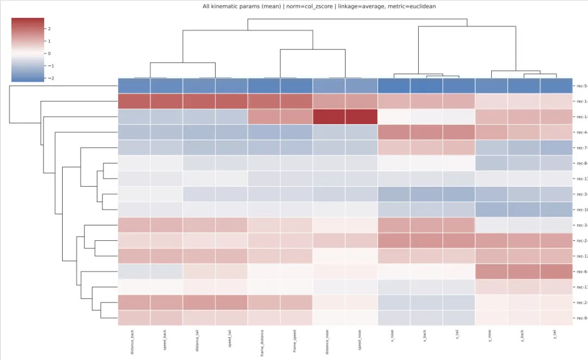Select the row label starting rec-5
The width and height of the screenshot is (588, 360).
pyautogui.click(x=580, y=86)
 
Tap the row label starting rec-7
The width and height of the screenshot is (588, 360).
pyautogui.click(x=580, y=148)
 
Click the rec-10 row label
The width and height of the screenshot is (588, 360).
pyautogui.click(x=580, y=210)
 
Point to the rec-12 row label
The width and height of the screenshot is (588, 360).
pyautogui.click(x=580, y=256)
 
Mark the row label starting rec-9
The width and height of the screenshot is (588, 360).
pyautogui.click(x=580, y=318)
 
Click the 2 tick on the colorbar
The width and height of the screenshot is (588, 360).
pyautogui.click(x=48, y=28)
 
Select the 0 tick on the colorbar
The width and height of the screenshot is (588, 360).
pyautogui.click(x=48, y=53)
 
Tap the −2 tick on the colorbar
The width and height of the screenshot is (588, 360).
pyautogui.click(x=48, y=78)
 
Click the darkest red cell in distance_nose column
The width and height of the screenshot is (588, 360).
pyautogui.click(x=329, y=117)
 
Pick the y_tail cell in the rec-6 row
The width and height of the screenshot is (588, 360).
pyautogui.click(x=556, y=271)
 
